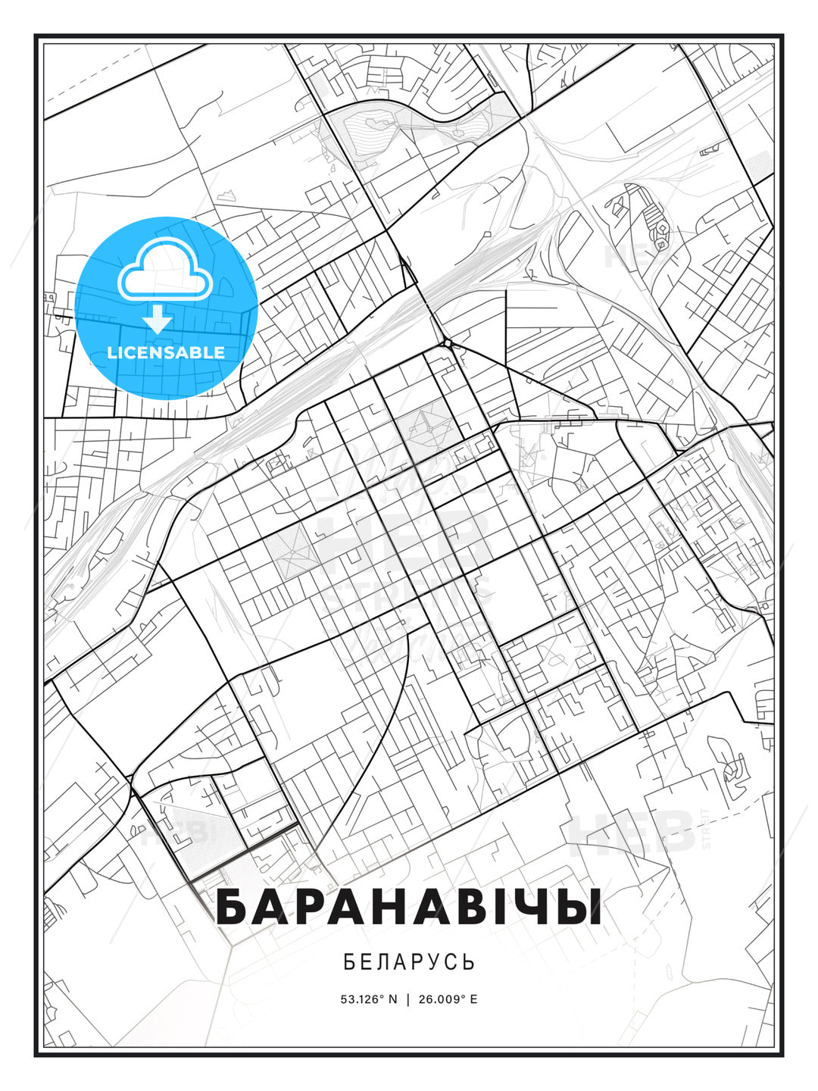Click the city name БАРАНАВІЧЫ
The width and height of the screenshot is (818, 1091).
click(x=409, y=907)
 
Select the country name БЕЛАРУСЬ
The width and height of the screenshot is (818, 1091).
click(x=409, y=962)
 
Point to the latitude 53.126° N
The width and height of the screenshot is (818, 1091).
click(x=369, y=999)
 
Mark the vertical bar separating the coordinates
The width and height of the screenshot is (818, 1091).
click(x=409, y=999)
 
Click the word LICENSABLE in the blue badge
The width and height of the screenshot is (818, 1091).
click(x=166, y=352)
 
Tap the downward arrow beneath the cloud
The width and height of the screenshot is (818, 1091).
click(x=158, y=319)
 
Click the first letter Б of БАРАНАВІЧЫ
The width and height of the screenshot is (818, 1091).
click(x=233, y=907)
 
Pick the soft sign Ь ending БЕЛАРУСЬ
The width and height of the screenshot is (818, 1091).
click(x=469, y=962)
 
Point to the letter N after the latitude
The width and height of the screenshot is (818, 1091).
click(x=392, y=999)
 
